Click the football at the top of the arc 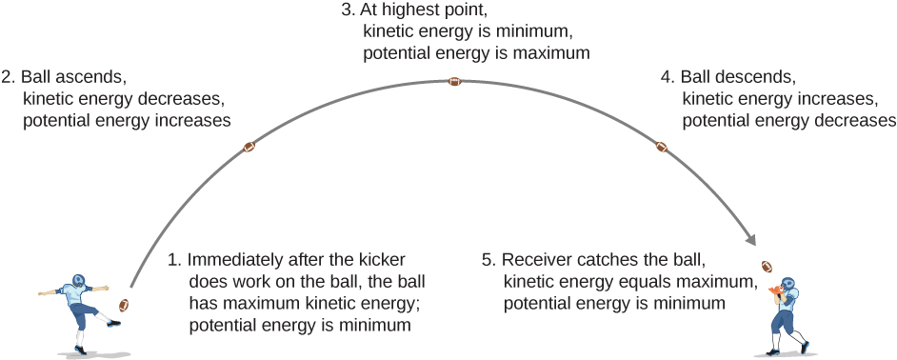click(455, 82)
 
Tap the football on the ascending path click(249, 148)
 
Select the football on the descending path click(662, 148)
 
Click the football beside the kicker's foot click(123, 305)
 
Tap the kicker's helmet click(78, 283)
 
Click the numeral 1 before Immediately click(172, 259)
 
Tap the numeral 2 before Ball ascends click(8, 76)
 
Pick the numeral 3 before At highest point click(345, 12)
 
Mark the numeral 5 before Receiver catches click(488, 259)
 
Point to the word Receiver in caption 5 click(536, 259)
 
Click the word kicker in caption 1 click(380, 259)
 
